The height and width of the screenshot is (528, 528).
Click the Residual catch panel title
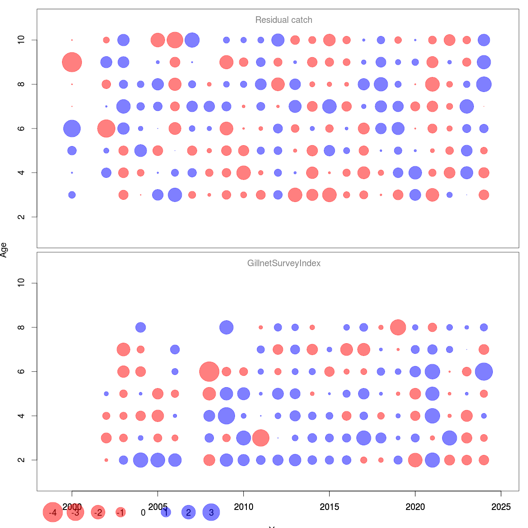pos(284,20)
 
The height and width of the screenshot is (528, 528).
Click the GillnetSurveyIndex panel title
pos(284,264)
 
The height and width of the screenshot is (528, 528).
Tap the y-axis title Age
pos(4,250)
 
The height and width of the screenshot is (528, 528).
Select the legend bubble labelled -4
pos(52,513)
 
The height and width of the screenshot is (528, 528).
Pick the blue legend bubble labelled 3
pos(211,512)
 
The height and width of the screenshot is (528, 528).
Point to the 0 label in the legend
pos(143,513)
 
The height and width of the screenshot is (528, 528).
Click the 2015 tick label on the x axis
pos(329,507)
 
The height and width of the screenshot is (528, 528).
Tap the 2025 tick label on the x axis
pos(501,507)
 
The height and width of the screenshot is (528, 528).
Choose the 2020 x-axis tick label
pos(415,507)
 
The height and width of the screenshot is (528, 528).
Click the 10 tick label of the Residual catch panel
pos(21,40)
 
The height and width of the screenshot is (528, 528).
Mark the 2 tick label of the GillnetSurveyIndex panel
pos(21,460)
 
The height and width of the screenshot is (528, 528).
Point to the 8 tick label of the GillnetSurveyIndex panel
pos(21,327)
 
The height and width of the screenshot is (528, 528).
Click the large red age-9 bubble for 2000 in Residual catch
pos(72,62)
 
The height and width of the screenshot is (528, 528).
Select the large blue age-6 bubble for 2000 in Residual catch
pos(72,128)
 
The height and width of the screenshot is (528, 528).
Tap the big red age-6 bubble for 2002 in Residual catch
pos(106,128)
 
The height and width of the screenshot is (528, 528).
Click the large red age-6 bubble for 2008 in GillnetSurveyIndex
pos(209,371)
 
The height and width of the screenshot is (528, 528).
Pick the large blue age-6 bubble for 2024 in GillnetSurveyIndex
pos(484,371)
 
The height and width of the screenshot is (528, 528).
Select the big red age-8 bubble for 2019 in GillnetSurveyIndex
pos(398,327)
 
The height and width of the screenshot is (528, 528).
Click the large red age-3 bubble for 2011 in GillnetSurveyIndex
pos(260,438)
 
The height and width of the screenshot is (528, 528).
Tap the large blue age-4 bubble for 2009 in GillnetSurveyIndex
pos(226,416)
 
